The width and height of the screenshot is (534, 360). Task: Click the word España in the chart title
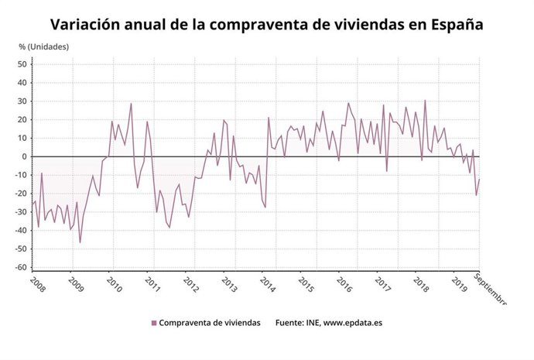(454, 24)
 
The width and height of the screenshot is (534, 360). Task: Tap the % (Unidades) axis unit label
(44, 46)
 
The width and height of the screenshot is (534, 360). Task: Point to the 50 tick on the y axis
(23, 63)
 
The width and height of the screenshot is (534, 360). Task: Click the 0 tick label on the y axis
(26, 156)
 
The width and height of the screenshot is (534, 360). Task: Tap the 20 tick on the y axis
(23, 119)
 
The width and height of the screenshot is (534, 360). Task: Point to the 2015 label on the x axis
(306, 283)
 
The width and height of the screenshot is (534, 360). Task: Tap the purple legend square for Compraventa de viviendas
(153, 323)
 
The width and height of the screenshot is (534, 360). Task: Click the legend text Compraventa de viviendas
(210, 323)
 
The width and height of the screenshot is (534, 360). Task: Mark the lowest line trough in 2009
(80, 242)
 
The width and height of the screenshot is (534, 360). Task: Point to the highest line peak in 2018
(425, 100)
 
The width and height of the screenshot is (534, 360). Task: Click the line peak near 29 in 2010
(131, 104)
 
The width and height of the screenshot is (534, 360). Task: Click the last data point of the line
(480, 179)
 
